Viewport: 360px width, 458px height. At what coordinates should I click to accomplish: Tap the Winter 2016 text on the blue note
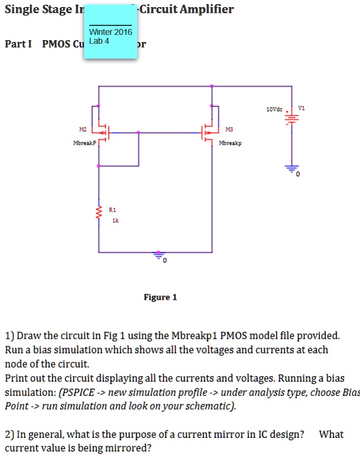pos(111,32)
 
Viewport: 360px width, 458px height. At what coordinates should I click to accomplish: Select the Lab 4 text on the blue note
pos(99,41)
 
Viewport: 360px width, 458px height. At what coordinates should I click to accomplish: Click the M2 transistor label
pos(82,128)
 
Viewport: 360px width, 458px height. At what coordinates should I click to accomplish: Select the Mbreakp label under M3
pos(230,143)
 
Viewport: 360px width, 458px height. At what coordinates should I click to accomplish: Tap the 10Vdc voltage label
pos(275,109)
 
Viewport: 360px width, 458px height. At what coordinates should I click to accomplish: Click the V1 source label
pos(302,109)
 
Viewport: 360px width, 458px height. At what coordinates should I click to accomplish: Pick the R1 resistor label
pos(113,209)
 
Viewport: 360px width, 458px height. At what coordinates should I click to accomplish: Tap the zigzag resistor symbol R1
pos(99,214)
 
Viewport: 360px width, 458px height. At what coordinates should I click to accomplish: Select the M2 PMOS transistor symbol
pos(102,132)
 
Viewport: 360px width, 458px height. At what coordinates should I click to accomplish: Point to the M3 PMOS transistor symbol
pos(208,132)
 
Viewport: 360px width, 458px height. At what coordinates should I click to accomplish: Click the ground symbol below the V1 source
pos(291,169)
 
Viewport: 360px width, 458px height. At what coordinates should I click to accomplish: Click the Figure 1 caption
pos(160,297)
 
